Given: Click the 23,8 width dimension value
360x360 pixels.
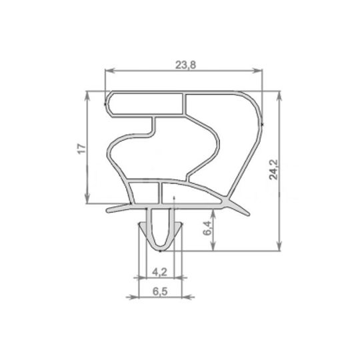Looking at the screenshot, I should [x=185, y=65].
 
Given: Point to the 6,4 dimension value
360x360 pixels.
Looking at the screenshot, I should [x=207, y=229].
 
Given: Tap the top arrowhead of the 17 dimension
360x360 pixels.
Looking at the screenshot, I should [x=88, y=95].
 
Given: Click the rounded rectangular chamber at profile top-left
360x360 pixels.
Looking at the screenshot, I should [x=145, y=104].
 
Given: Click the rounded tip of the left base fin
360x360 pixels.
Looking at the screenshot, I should [x=108, y=210].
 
